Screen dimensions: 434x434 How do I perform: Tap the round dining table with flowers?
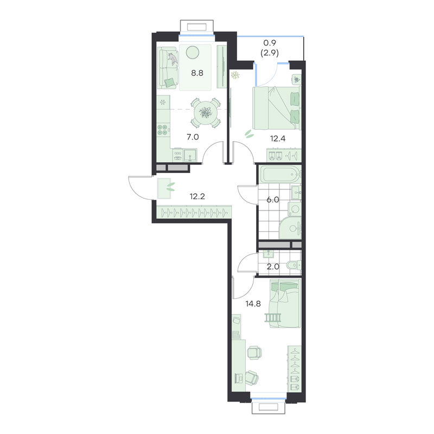coord(205,113)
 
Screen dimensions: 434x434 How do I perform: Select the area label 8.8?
coord(197,73)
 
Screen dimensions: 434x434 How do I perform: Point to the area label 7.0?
coord(193,137)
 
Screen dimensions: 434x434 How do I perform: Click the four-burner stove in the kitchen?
coord(162,130)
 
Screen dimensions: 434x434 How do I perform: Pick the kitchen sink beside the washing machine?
coord(190,155)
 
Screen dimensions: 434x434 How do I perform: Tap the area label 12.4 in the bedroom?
coord(278,138)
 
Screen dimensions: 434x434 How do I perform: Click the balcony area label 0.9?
coord(270,43)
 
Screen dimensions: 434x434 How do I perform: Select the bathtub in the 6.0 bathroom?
coord(280,174)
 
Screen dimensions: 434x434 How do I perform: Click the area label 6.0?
coord(273,200)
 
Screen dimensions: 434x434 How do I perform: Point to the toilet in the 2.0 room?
coord(294,265)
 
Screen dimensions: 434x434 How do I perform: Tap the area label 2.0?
coord(273,267)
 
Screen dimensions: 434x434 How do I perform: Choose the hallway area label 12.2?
coord(197,196)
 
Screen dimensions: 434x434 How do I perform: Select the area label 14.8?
coord(253,304)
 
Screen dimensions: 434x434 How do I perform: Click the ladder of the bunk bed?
coord(273,317)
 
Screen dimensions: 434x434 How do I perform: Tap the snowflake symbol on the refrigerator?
coord(162,103)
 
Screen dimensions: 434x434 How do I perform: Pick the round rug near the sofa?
coord(193,52)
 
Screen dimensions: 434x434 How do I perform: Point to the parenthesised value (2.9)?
coord(270,53)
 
